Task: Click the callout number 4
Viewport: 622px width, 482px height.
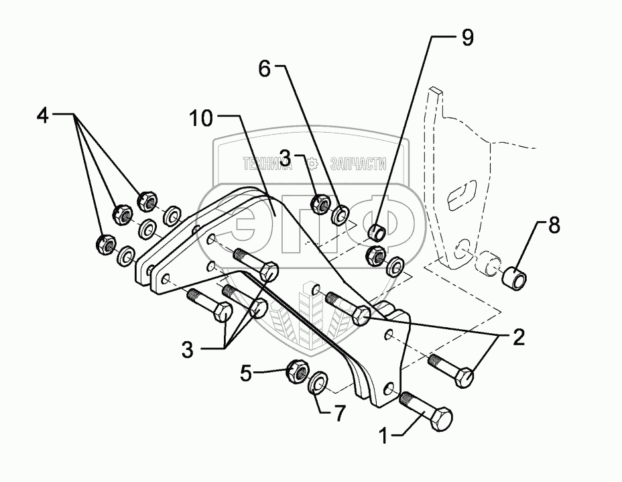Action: pyautogui.click(x=42, y=115)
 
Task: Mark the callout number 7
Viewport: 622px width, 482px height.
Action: pyautogui.click(x=339, y=414)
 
